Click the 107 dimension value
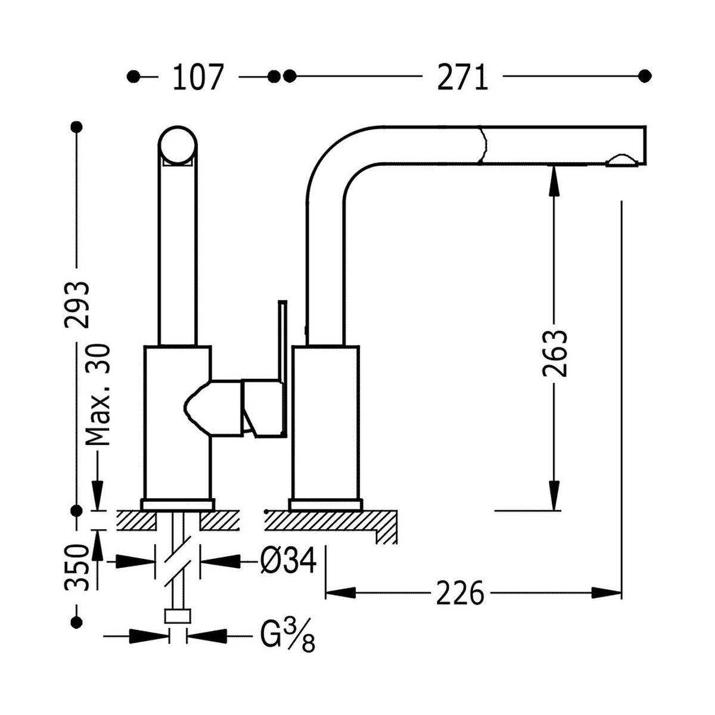[x=197, y=77]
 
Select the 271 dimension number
[x=462, y=77]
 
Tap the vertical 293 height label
[x=77, y=304]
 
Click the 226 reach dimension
[x=459, y=593]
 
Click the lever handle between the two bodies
[x=262, y=408]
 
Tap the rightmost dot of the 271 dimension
[x=644, y=76]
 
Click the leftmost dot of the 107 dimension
[x=134, y=76]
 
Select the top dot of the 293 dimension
[x=76, y=127]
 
